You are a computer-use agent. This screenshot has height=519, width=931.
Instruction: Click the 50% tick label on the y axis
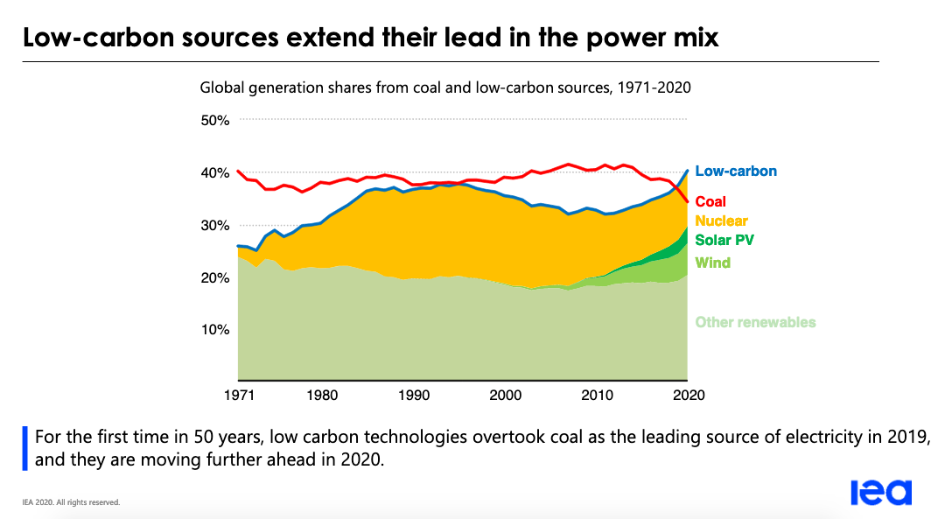[214, 120]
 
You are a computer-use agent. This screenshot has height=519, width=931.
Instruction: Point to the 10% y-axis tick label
[214, 330]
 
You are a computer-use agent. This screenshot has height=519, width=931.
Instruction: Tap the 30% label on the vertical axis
[214, 225]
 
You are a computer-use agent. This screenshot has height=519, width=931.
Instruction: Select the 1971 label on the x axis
[238, 395]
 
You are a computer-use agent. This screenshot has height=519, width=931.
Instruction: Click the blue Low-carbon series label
[736, 172]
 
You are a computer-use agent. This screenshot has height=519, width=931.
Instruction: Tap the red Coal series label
[710, 202]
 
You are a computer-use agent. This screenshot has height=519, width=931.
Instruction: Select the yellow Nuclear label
[722, 221]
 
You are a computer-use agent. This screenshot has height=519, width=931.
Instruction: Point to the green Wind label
[712, 263]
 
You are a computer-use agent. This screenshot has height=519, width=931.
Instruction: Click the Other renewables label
[755, 322]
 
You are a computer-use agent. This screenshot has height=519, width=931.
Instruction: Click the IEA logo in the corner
[881, 494]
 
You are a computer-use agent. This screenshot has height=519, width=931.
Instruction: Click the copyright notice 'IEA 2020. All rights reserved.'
[71, 502]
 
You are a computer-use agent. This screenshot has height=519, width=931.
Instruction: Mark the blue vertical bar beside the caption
[26, 447]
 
